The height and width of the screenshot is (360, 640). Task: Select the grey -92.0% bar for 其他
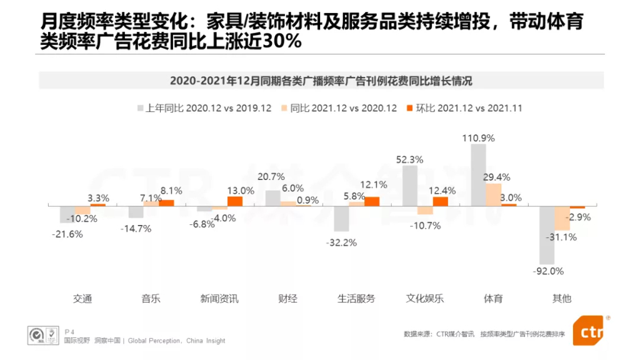pos(547,234)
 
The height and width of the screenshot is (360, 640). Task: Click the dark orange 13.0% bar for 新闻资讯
pos(234,201)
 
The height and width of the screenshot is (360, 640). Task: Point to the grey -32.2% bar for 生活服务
pos(341,218)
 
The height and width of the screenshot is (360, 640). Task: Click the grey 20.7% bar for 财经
pos(272,197)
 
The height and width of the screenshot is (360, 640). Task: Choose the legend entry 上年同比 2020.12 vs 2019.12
pos(204,108)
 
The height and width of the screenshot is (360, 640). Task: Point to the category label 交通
pos(82,299)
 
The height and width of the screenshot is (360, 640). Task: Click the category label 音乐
pos(151,299)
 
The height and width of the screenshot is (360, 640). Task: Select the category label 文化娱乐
pos(425,299)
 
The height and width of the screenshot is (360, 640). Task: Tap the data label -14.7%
pos(136,228)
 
